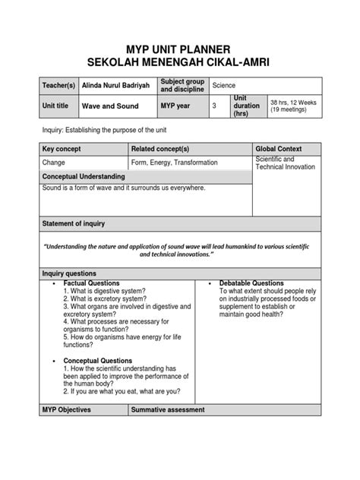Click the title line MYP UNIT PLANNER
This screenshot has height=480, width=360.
point(180,47)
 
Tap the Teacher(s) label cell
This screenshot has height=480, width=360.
point(62,87)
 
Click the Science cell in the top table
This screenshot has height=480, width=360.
point(225,87)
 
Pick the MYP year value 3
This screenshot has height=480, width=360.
point(215,106)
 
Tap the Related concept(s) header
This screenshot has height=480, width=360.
point(159,150)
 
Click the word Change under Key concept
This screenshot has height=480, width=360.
point(54,163)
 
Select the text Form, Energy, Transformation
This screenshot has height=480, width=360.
point(174,163)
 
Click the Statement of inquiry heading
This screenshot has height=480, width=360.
point(74,223)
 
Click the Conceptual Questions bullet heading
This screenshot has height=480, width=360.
point(98,361)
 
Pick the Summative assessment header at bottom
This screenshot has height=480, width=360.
point(168,410)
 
